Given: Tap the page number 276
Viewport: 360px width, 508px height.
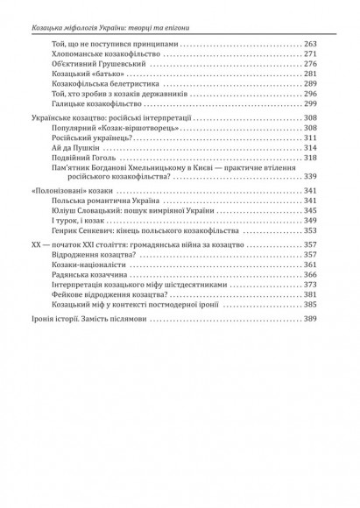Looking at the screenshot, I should pyautogui.click(x=310, y=64).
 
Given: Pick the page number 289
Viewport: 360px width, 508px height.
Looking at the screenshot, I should pyautogui.click(x=310, y=84).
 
